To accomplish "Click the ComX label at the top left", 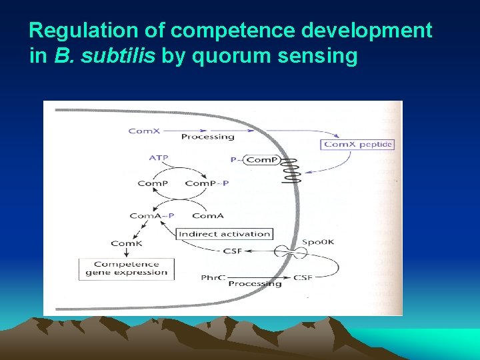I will tap(144, 131).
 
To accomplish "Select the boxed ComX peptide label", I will tap(358, 144).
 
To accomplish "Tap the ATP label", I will tap(158, 158).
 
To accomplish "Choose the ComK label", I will tap(127, 243).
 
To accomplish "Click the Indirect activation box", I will tap(225, 233).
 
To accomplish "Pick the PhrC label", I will tap(211, 277).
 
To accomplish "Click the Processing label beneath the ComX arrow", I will tap(208, 137).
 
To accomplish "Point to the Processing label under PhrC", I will tap(255, 283).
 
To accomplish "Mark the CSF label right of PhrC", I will tap(303, 277).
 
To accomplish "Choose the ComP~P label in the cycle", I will tap(206, 183).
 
